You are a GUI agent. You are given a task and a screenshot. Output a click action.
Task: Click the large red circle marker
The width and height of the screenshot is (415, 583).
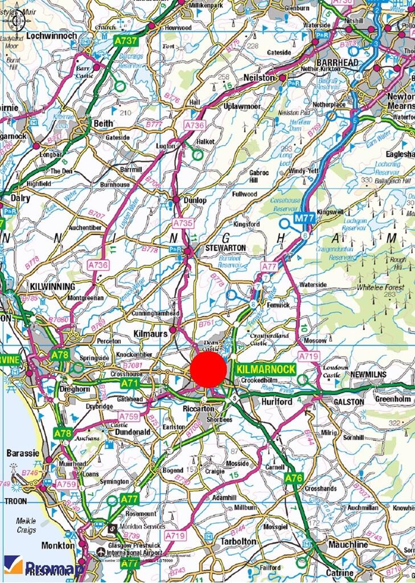208,369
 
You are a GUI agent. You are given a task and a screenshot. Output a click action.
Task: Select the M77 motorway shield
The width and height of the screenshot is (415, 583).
304,217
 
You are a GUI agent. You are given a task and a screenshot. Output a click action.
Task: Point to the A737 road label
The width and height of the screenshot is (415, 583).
125,40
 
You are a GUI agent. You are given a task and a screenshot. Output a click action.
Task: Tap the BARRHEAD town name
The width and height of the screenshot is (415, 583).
338,62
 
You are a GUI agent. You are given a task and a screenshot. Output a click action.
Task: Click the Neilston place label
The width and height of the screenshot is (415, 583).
259,77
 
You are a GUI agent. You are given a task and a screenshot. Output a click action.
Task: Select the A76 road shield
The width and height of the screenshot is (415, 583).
294,478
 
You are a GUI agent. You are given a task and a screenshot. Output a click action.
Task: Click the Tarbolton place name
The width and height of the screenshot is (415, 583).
240,541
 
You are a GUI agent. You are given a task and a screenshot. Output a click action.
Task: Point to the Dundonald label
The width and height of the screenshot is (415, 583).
132,432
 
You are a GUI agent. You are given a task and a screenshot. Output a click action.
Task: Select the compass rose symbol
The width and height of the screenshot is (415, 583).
17,20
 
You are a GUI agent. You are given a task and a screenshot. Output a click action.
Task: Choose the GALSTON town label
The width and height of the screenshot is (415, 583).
348,401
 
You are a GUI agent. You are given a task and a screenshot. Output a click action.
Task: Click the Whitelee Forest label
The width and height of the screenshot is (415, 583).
380,288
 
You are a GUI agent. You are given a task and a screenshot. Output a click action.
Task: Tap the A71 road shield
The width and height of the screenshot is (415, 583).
129,384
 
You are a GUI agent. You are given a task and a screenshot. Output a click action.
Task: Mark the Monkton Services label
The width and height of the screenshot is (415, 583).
147,527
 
